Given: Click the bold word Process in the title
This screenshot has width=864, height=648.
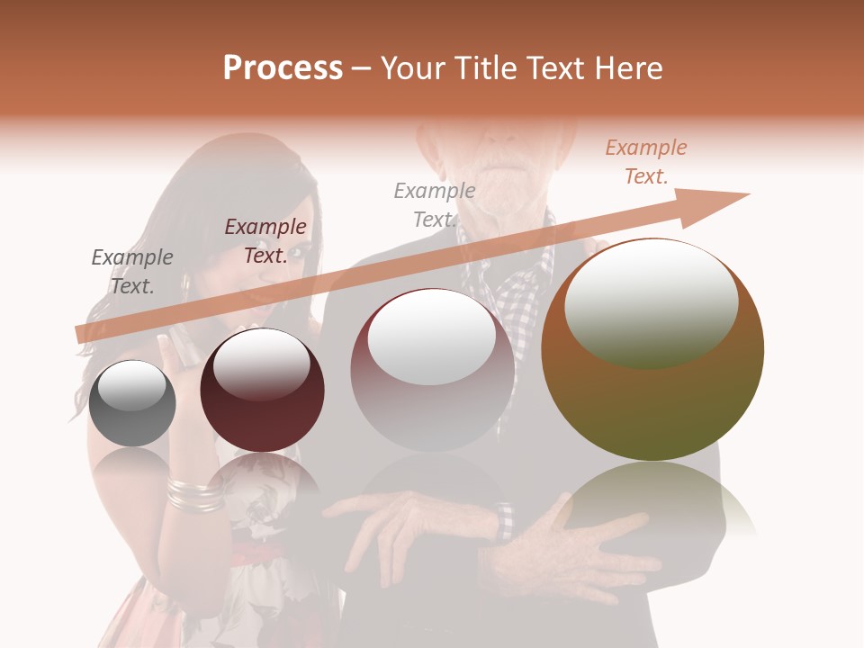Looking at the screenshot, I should point(283,68).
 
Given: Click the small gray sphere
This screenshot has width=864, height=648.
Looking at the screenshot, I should point(132,403).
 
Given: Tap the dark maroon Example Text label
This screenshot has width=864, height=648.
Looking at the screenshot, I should point(265,241).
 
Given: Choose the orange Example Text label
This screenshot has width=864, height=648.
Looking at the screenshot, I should point(645,162).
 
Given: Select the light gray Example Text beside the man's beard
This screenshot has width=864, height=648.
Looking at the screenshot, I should point(434,205).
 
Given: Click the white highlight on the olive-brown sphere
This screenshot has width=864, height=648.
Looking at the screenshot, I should point(651,303).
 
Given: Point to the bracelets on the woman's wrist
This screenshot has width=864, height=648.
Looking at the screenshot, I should point(194,493).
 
